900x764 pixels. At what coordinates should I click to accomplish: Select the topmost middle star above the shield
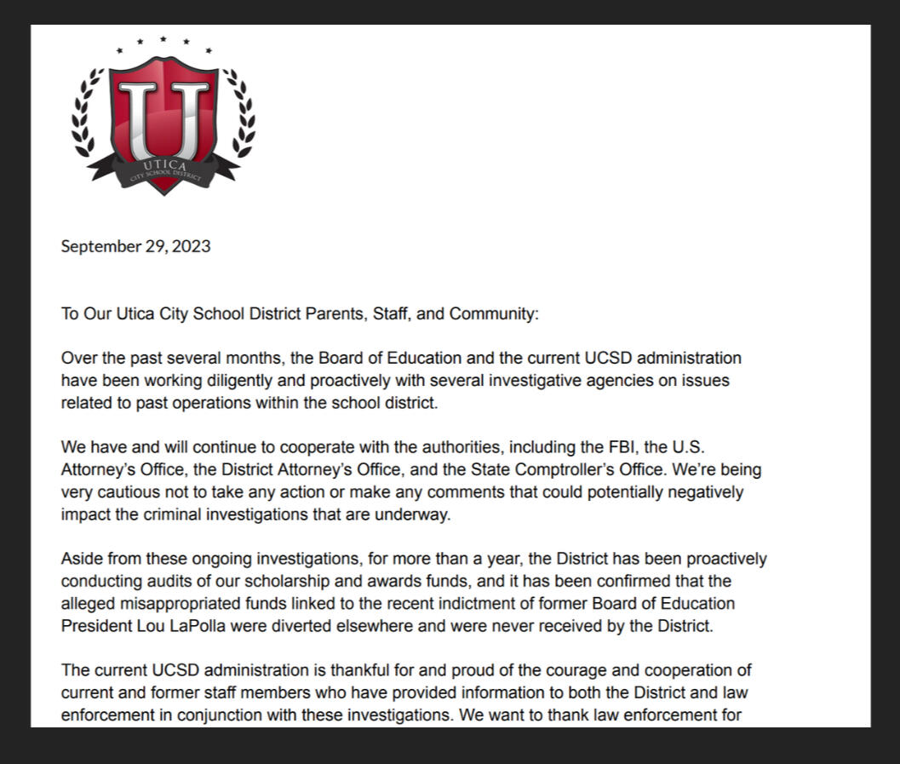point(163,39)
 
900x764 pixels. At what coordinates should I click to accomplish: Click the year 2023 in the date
point(192,247)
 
